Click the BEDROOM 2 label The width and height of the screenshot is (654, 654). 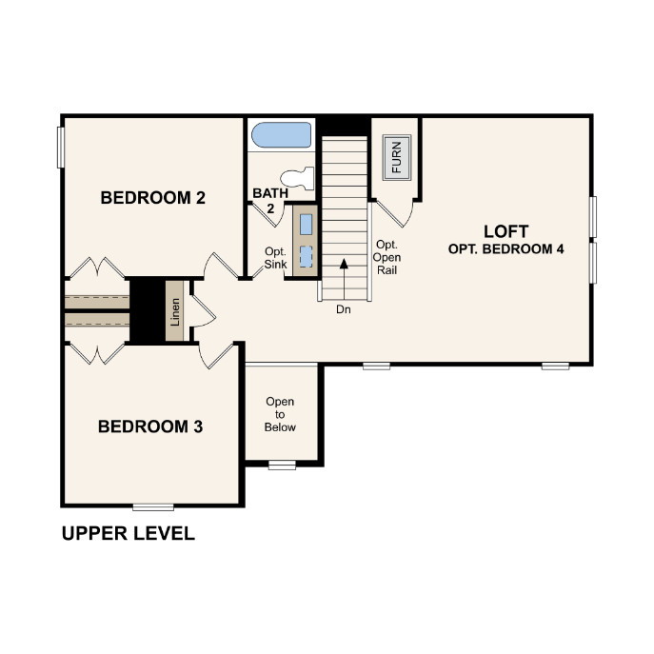152,198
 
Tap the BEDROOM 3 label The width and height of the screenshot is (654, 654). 150,426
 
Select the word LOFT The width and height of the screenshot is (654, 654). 505,231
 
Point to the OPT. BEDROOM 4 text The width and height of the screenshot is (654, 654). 505,249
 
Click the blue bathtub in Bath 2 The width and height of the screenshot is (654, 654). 282,135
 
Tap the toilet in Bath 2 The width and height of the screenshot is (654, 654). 297,179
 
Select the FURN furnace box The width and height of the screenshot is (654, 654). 397,157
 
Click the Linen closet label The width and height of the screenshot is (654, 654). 175,311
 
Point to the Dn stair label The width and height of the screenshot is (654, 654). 344,309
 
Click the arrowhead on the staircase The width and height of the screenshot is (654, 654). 344,264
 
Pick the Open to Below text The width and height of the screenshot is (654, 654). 280,414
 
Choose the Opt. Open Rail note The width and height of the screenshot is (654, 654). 386,257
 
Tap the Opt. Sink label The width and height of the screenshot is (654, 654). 276,258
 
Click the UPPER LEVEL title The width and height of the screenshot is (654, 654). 129,533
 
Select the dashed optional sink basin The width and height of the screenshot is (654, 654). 307,256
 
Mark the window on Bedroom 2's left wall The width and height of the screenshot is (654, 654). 61,148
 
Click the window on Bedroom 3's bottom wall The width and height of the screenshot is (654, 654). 153,507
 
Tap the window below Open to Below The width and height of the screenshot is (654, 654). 282,465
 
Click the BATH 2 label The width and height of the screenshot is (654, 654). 270,200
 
